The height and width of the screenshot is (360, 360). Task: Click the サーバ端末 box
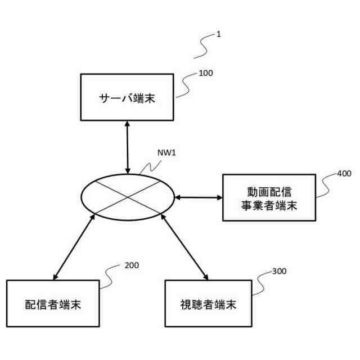127,97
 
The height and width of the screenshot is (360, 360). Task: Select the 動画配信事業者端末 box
268,197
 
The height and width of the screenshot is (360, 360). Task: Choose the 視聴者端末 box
208,304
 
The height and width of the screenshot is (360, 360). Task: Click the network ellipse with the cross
129,196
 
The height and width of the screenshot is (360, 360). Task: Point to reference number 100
206,73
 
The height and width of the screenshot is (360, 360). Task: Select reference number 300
279,271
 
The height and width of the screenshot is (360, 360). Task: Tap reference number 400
344,174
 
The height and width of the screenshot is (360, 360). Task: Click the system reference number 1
218,34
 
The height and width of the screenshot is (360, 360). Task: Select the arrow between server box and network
128,146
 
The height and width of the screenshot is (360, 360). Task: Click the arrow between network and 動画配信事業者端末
199,197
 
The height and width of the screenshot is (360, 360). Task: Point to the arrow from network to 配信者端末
74,247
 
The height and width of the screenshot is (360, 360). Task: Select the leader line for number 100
187,84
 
